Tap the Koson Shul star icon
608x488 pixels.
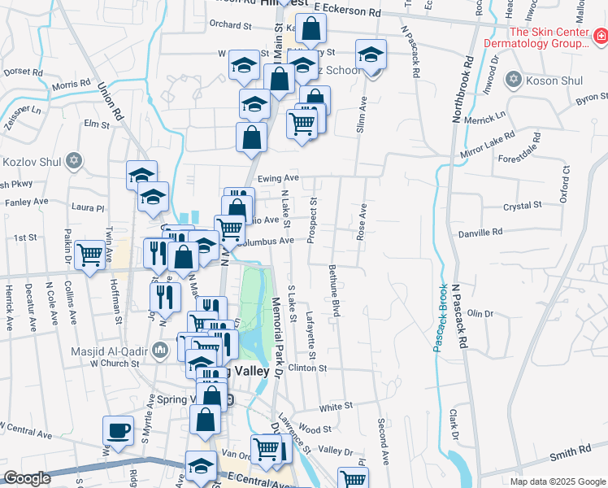click(x=513, y=79)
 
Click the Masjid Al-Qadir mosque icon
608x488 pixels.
click(x=159, y=351)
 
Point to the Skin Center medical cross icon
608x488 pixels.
click(x=599, y=36)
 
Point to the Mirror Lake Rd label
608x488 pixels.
click(x=488, y=144)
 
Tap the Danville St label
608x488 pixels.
click(x=500, y=233)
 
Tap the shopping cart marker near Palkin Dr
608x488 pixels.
click(x=89, y=254)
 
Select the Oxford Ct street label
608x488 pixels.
click(x=563, y=187)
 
